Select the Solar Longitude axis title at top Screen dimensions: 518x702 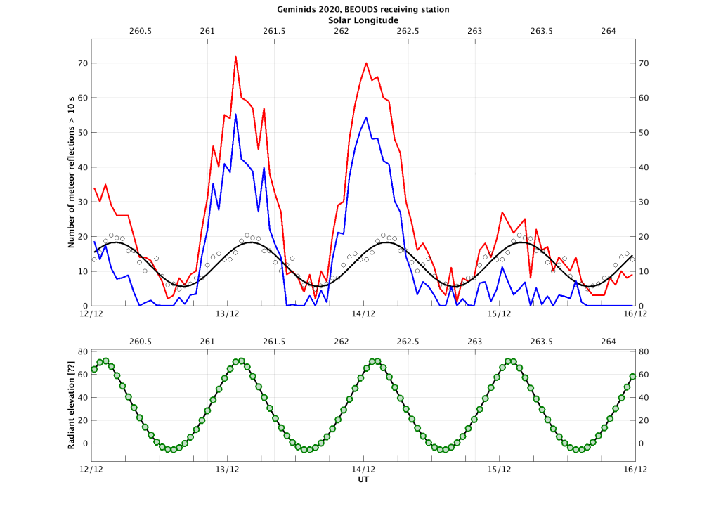(363, 20)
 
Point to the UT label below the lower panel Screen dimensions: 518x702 (363, 480)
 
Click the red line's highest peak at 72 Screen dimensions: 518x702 (235, 56)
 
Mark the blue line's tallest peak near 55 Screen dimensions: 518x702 (235, 115)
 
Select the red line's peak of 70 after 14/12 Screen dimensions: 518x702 (366, 63)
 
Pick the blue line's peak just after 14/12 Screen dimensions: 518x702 (366, 117)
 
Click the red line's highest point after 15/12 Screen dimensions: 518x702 (502, 212)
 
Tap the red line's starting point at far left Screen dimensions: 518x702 (94, 188)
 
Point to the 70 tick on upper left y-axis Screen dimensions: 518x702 (82, 63)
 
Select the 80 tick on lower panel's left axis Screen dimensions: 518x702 (82, 351)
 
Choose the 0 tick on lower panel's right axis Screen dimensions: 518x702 (642, 443)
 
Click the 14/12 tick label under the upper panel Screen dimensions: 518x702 (363, 314)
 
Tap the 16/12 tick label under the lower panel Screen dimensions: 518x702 (635, 469)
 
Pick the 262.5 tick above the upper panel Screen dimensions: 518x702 (408, 32)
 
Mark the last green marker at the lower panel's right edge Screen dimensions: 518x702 (632, 377)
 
